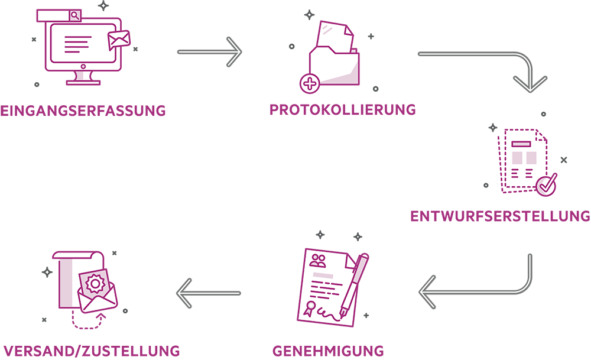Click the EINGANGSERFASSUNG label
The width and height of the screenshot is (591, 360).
click(83, 111)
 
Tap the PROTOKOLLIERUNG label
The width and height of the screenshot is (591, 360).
click(343, 110)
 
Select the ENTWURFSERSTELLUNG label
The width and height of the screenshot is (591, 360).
click(500, 216)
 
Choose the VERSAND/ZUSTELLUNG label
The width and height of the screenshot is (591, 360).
click(90, 350)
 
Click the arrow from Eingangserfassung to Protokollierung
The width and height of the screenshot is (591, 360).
click(210, 52)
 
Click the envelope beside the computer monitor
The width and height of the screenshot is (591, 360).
click(119, 40)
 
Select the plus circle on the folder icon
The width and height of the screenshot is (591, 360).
click(309, 83)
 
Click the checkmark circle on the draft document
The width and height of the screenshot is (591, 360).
click(547, 184)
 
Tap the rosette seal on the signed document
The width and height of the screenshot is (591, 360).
click(310, 309)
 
